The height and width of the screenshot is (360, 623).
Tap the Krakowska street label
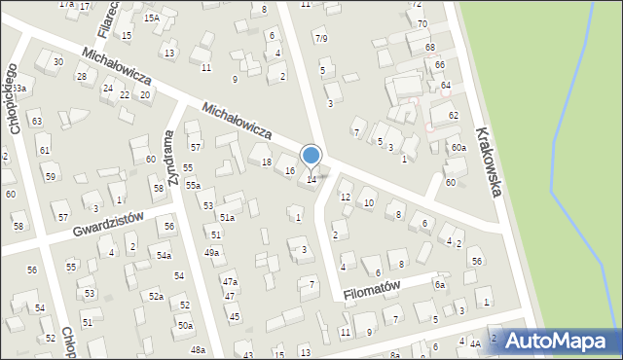(x=489, y=162)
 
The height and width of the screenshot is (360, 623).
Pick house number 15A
(x=152, y=18)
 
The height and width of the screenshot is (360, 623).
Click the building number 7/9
(x=321, y=38)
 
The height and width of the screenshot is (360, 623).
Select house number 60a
(x=458, y=148)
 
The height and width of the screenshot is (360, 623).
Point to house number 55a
(x=194, y=186)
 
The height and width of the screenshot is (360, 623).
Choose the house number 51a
(x=227, y=218)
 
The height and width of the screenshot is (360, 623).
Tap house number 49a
(x=211, y=253)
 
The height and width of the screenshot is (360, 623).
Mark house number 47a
(x=230, y=282)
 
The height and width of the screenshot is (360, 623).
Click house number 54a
(x=165, y=256)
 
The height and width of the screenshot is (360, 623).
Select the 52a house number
(x=156, y=296)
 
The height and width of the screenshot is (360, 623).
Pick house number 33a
(x=18, y=89)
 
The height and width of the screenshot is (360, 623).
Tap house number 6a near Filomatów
(x=440, y=285)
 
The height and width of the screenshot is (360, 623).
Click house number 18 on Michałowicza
(x=267, y=162)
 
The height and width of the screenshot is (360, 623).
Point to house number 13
(x=169, y=53)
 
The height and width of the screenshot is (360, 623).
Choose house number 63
(x=36, y=122)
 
